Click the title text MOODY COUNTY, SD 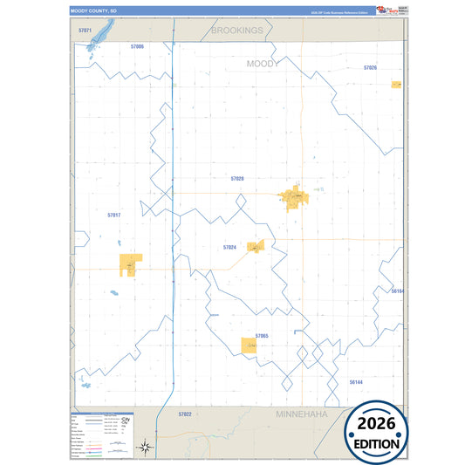pyautogui.click(x=92, y=11)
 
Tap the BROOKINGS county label pyautogui.click(x=236, y=31)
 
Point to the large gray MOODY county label pyautogui.click(x=263, y=64)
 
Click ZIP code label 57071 pyautogui.click(x=85, y=31)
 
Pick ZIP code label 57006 pyautogui.click(x=137, y=45)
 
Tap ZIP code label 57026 pyautogui.click(x=370, y=67)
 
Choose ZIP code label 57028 pyautogui.click(x=237, y=178)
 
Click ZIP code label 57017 pyautogui.click(x=113, y=215)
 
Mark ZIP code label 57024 pyautogui.click(x=229, y=248)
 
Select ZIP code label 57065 pyautogui.click(x=262, y=336)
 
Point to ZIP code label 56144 pyautogui.click(x=355, y=382)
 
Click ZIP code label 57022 pyautogui.click(x=184, y=414)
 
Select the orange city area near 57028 pyautogui.click(x=293, y=198)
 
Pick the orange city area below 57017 pyautogui.click(x=131, y=264)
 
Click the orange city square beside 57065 pyautogui.click(x=250, y=345)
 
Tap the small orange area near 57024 pyautogui.click(x=255, y=247)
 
